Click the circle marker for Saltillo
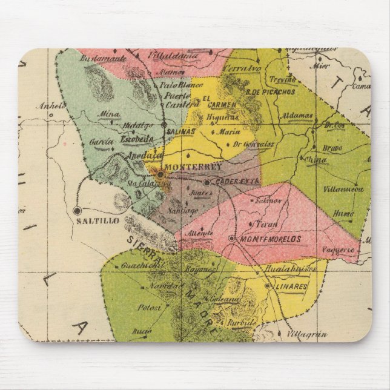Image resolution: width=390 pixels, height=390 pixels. coord(77,210)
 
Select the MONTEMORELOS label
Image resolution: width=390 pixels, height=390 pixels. coord(271,239)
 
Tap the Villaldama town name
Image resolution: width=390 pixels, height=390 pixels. coord(164,56)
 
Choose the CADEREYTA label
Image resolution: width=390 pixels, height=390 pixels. coord(237,181)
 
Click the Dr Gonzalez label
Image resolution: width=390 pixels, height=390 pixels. coord(253,144)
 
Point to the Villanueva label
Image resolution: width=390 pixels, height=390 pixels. coord(343,188)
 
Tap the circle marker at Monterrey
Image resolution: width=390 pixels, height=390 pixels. coord(160,174)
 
